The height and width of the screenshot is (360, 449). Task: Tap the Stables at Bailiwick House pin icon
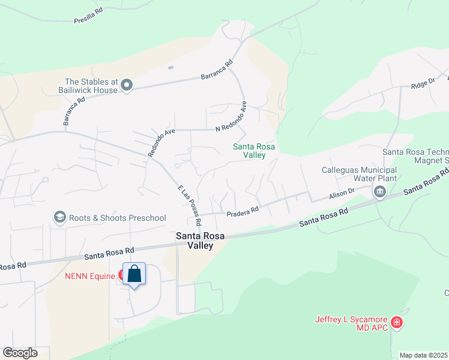126,86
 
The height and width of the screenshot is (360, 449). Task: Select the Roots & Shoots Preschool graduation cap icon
59,217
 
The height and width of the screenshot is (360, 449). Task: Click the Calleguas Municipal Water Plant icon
379,192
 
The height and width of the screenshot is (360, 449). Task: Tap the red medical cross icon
396,323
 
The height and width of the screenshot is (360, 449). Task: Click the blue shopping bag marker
134,275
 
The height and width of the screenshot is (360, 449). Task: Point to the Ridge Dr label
423,83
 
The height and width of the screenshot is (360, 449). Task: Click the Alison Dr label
342,195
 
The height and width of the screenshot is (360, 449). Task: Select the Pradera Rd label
242,211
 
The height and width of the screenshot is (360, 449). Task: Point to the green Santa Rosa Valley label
249,151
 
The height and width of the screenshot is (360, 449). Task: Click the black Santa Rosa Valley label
200,241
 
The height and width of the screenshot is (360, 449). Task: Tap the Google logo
20,352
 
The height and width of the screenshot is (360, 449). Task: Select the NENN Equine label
90,276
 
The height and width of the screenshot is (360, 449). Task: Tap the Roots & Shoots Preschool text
118,218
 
